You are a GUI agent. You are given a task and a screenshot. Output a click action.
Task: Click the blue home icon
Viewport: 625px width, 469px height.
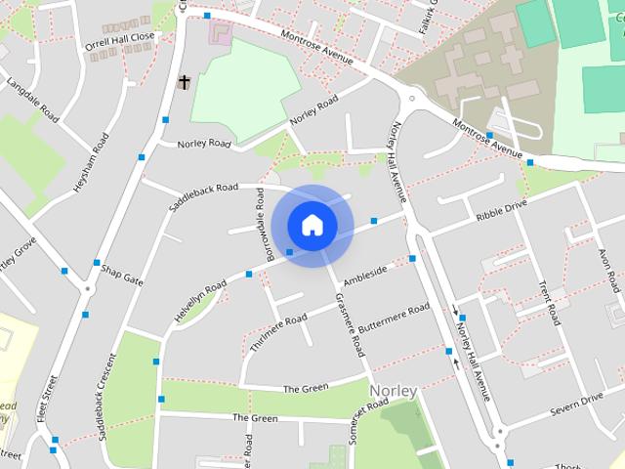tap(312, 225)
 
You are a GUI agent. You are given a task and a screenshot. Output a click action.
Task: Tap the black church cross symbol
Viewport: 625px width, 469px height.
tap(183, 83)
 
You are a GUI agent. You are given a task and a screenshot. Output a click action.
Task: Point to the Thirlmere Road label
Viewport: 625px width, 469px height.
tap(278, 331)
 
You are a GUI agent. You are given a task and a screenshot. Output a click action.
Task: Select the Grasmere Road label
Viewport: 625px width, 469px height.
tap(349, 323)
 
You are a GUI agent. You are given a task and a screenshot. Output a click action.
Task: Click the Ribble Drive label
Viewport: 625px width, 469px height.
tap(501, 211)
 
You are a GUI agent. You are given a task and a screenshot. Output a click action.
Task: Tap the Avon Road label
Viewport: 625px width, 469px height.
tap(608, 269)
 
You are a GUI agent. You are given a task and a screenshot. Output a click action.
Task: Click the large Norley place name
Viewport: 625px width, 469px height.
tap(394, 391)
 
